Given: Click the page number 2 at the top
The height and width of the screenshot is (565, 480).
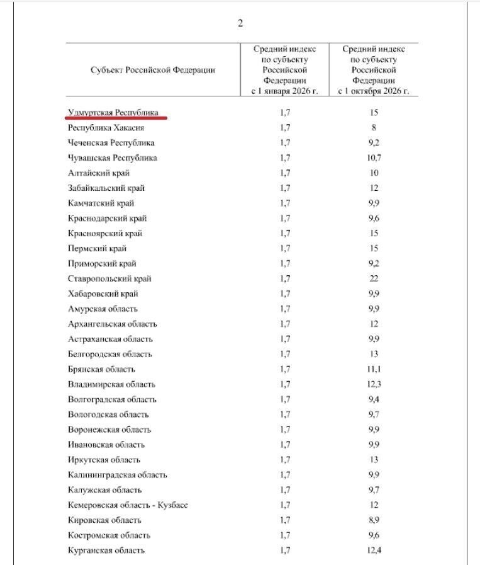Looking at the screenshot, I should [x=240, y=23].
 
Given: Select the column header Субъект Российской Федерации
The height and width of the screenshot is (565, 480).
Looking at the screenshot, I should [x=153, y=70].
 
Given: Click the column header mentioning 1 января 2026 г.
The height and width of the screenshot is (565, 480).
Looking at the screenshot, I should [x=285, y=70].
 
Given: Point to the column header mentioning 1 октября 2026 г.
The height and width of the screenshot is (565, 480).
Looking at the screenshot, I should [x=374, y=70].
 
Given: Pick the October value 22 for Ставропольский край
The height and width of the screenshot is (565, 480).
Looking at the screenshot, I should [x=374, y=278].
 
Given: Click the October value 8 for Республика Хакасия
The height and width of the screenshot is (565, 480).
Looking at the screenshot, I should [x=374, y=127].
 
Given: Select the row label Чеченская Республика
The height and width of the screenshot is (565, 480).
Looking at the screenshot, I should [x=111, y=142].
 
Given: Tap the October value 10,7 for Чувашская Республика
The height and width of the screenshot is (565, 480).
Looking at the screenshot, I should [x=374, y=157].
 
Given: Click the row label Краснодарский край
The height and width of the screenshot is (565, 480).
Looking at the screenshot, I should [x=107, y=218].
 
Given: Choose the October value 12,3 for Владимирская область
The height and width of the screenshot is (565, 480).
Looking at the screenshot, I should [x=374, y=384].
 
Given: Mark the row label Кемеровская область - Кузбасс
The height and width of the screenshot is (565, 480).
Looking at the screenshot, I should [x=128, y=505].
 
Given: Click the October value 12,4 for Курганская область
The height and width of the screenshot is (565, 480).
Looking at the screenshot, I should [x=374, y=551].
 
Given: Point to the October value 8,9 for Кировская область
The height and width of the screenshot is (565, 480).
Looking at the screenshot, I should [x=374, y=520].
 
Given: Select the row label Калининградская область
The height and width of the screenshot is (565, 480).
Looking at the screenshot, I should [x=117, y=475].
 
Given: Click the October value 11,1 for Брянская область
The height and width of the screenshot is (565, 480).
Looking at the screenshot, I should [x=374, y=369].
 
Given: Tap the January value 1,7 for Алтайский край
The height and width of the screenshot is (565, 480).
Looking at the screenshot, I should [x=285, y=173].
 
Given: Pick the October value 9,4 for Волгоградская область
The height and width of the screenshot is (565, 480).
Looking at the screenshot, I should [x=374, y=399].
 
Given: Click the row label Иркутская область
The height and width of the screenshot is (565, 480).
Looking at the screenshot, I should [x=104, y=460].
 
